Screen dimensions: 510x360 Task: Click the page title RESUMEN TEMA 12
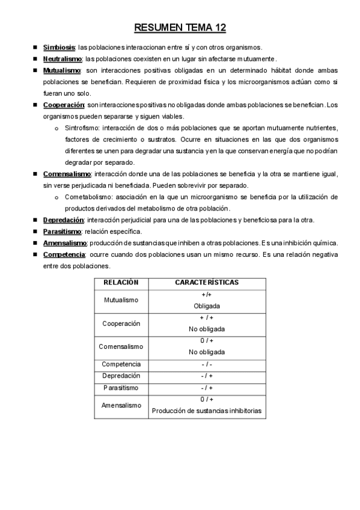pyautogui.click(x=180, y=28)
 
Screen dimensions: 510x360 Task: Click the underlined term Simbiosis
pyautogui.click(x=59, y=47)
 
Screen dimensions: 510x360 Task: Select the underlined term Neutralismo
pyautogui.click(x=63, y=59)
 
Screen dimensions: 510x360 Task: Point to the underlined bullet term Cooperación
pyautogui.click(x=63, y=105)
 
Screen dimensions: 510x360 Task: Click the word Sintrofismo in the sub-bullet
pyautogui.click(x=82, y=128)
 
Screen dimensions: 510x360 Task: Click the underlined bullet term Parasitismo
pyautogui.click(x=62, y=232)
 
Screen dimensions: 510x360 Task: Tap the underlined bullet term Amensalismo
pyautogui.click(x=65, y=243)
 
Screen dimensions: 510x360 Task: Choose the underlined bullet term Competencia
pyautogui.click(x=64, y=254)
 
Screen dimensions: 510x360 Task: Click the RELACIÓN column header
pyautogui.click(x=121, y=282)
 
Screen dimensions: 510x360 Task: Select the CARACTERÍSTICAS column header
pyautogui.click(x=207, y=282)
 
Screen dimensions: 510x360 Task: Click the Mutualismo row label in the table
pyautogui.click(x=121, y=300)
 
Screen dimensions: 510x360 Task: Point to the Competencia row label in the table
pyautogui.click(x=121, y=364)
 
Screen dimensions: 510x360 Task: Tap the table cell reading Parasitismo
pyautogui.click(x=121, y=387)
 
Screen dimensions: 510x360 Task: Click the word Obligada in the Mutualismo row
pyautogui.click(x=207, y=306)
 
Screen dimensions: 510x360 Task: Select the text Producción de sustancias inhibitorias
pyautogui.click(x=207, y=411)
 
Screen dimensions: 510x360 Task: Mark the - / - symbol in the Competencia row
pyautogui.click(x=207, y=364)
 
